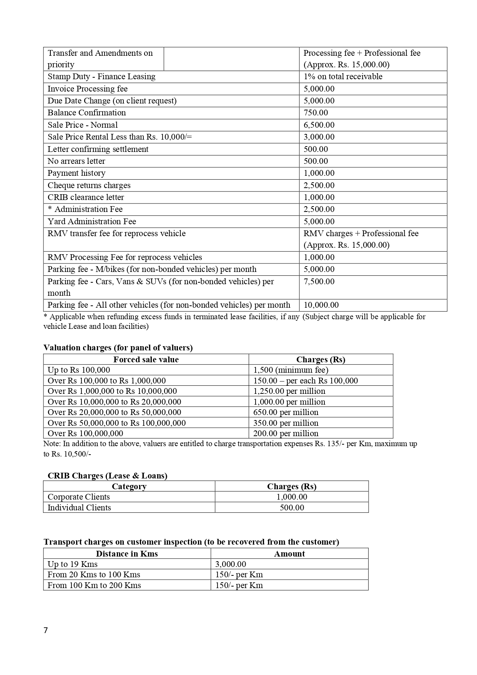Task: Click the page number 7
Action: [x=46, y=630]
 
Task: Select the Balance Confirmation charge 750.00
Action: [x=316, y=113]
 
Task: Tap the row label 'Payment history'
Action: [x=76, y=173]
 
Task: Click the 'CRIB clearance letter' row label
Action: [x=86, y=197]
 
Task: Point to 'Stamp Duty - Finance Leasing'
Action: [x=101, y=77]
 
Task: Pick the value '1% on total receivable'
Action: [x=343, y=77]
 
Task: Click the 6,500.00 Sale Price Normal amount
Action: [x=319, y=125]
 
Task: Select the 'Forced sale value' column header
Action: [x=146, y=360]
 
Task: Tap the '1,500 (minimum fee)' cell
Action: [x=291, y=370]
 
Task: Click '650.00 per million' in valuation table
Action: [x=286, y=412]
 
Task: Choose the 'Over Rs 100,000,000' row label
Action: [x=85, y=433]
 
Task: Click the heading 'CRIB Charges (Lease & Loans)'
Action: [x=107, y=476]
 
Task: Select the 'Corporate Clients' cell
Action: [x=79, y=497]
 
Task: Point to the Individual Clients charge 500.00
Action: [x=292, y=508]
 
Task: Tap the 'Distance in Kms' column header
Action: [x=127, y=554]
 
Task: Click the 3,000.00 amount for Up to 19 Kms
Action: [x=231, y=564]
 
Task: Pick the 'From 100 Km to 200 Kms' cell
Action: [x=94, y=585]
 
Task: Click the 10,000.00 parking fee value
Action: [x=321, y=305]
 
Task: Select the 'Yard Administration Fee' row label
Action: [x=92, y=222]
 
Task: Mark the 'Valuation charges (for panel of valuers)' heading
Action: [x=118, y=348]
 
